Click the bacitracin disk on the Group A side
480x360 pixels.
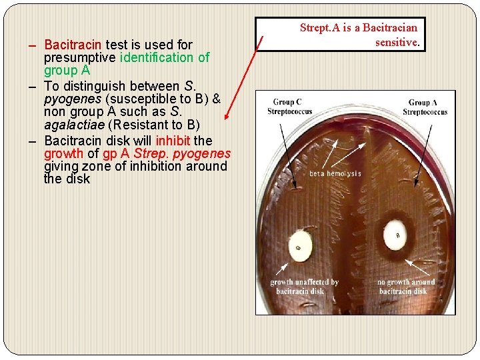click(x=397, y=235)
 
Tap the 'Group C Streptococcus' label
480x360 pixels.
click(x=289, y=107)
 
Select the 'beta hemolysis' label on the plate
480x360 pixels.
click(x=335, y=173)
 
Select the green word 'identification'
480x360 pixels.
click(x=157, y=57)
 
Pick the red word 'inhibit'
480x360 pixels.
click(x=173, y=141)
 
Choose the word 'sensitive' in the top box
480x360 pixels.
click(x=397, y=41)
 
